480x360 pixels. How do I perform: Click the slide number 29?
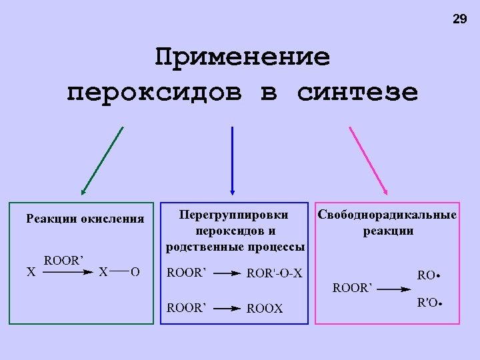click(460, 19)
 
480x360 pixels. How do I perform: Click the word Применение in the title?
click(242, 57)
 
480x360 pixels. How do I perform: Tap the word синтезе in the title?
click(358, 92)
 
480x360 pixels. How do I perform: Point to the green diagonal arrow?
click(102, 161)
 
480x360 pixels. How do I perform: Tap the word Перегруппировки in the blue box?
click(235, 215)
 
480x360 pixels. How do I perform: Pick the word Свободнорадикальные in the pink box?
click(387, 215)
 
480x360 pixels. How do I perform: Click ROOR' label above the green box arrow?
click(63, 260)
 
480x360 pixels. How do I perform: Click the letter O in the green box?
click(135, 272)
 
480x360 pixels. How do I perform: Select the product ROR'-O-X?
click(275, 273)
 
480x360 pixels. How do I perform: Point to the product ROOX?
click(265, 309)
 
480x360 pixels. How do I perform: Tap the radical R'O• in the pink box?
click(430, 303)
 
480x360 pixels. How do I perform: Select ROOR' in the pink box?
click(351, 289)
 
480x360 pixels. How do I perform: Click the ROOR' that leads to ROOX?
click(187, 308)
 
